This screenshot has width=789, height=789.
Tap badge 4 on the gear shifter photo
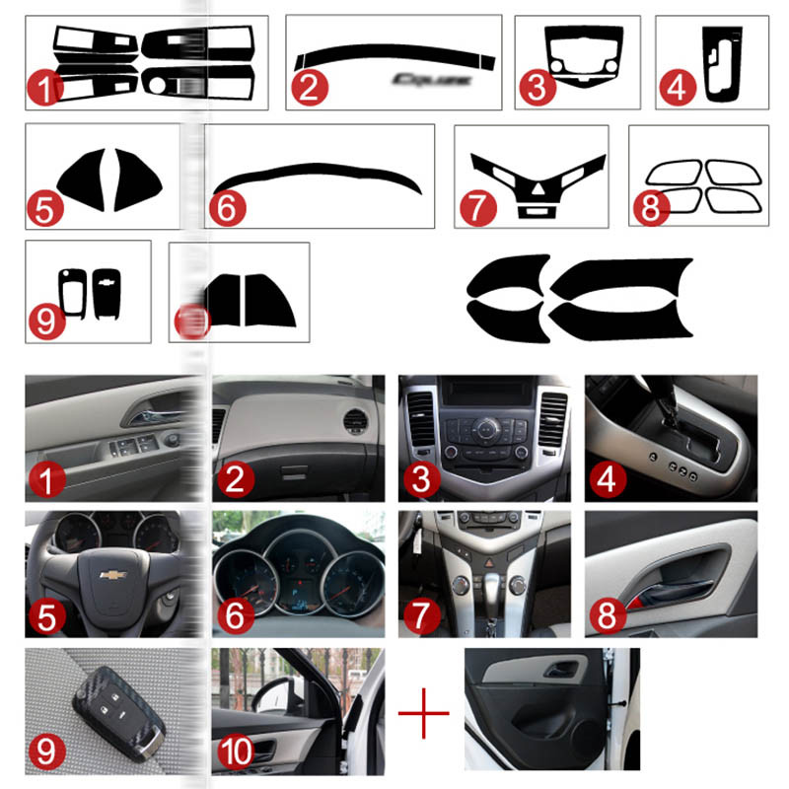coord(610,481)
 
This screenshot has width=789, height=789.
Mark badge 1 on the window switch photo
coord(47,480)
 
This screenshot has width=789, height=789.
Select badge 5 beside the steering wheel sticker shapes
coord(45,208)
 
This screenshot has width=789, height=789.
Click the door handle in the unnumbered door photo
coord(566,672)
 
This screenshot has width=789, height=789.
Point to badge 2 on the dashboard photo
coord(235,480)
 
